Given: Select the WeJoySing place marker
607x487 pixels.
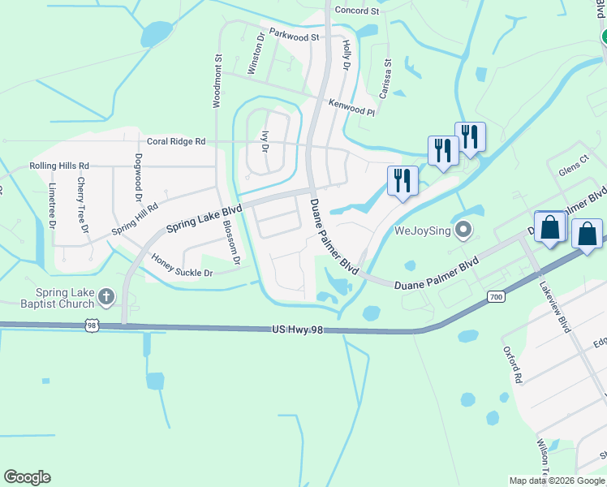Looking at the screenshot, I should pos(463,231).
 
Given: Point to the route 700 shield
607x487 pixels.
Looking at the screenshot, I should pos(496,298).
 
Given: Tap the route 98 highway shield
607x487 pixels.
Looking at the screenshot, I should pos(92,325).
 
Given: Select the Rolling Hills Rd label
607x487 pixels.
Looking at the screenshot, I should pos(59,166).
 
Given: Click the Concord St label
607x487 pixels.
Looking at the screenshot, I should pos(357,11).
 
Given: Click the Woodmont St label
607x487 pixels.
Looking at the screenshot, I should pos(217,81).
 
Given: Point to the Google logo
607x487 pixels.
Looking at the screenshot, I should pos(27,477).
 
